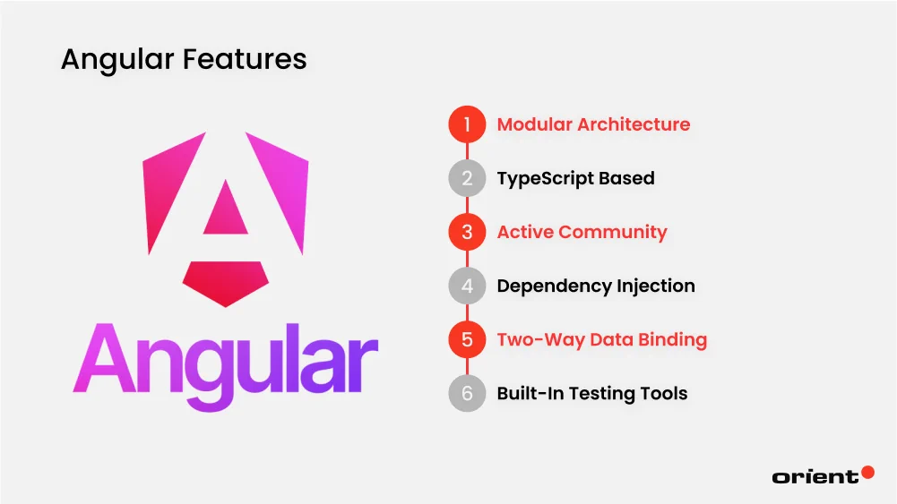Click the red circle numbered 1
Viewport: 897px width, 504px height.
(467, 124)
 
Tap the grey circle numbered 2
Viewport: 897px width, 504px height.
(467, 178)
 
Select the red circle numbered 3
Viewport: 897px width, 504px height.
(467, 232)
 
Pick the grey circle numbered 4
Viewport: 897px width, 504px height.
(467, 286)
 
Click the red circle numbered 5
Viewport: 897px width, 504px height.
(467, 339)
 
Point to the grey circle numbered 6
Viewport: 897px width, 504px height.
(467, 393)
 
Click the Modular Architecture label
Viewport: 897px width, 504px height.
(593, 124)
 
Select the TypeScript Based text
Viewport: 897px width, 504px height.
(575, 178)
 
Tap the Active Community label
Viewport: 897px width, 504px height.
(582, 232)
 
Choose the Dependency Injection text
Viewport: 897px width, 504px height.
(596, 286)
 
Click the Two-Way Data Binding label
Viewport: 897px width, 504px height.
(601, 339)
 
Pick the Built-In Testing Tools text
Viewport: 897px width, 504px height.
(592, 393)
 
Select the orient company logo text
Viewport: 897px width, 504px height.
(815, 477)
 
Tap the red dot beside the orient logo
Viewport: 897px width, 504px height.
(867, 472)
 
